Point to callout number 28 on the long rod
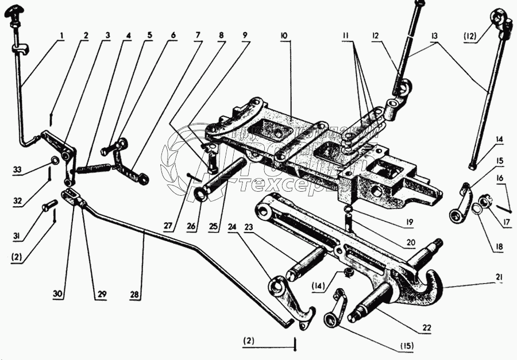click(x=134, y=295)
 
